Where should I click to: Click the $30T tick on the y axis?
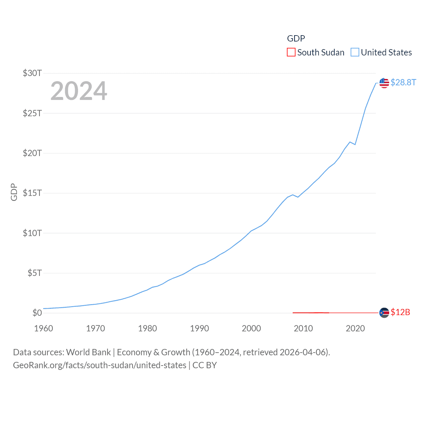point(32,73)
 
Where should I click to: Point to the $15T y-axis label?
point(32,193)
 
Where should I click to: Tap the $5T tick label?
point(35,273)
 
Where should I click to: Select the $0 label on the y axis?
point(37,313)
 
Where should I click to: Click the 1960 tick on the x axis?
point(43,328)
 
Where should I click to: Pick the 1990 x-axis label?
point(200,328)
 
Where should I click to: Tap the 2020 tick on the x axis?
point(355,328)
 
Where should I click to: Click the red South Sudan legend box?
point(291,52)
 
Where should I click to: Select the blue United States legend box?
point(355,52)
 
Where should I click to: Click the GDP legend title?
point(296,39)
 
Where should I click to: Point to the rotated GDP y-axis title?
point(14,192)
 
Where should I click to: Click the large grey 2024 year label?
point(79,91)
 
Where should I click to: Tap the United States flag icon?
point(384,83)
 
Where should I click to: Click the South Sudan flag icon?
point(384,313)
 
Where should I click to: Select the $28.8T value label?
point(403,82)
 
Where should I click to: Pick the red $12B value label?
point(400,312)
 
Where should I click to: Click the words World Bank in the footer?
point(88,352)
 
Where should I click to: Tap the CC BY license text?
point(205,365)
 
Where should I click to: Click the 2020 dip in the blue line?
point(355,144)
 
